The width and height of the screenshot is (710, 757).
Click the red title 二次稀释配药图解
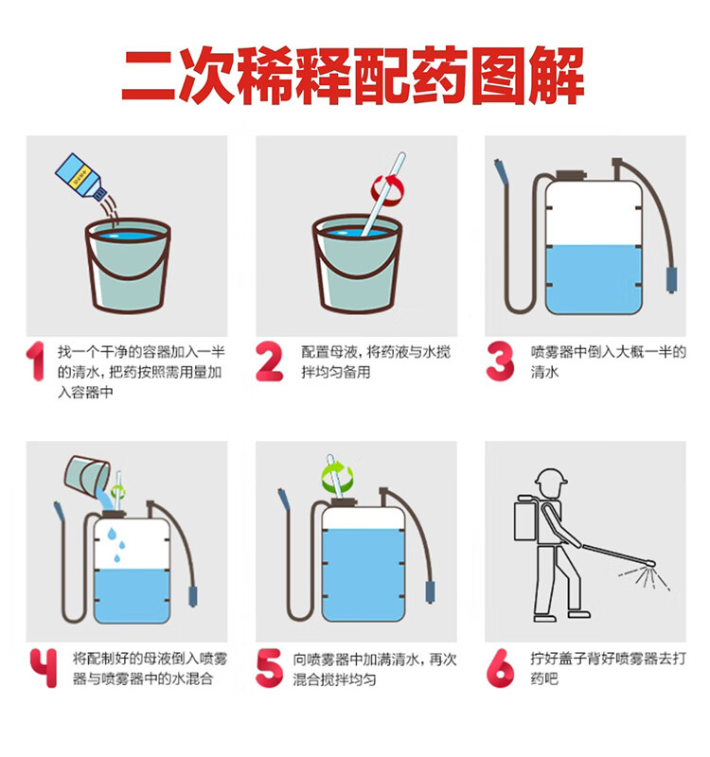pos(352,76)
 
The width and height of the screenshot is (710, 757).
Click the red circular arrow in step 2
pos(388,190)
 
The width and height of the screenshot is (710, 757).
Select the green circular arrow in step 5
pos(337,476)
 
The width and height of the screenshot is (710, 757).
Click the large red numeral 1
pos(36,361)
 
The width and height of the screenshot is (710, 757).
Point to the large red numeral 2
pos(269,361)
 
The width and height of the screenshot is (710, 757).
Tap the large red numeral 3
pos(500,361)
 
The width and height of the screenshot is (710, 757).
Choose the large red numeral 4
pos(44,668)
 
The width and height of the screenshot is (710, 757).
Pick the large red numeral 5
pos(269,668)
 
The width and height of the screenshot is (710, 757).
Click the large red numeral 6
pos(501,668)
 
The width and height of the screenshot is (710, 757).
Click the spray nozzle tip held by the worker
pos(650,563)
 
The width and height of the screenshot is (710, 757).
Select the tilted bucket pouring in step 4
pos(87,476)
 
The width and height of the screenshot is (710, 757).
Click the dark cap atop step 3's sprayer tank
pos(572,175)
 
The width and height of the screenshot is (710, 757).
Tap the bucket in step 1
pos(128,265)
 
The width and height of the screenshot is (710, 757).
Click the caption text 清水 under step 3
pos(544,372)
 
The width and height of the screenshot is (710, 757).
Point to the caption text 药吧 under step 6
pos(544,678)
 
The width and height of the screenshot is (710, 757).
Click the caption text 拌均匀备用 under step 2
pos(336,372)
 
